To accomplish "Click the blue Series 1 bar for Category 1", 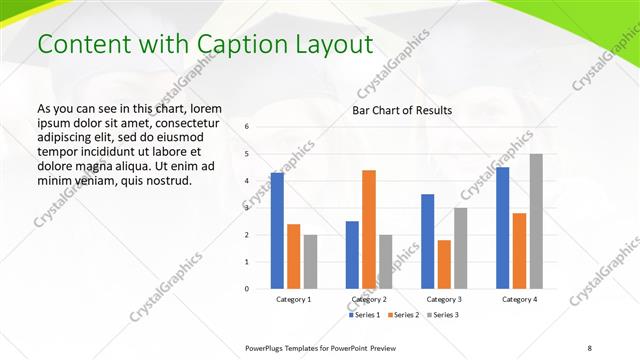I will (277, 230).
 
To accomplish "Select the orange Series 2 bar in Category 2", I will (369, 229).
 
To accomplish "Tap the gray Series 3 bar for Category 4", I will (536, 221).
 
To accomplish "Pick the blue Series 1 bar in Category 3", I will (428, 241).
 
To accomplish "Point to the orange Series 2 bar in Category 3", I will (444, 264).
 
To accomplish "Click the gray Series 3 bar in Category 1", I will (310, 261).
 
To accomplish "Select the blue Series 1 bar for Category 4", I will (503, 227).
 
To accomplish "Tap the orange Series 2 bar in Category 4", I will (519, 250).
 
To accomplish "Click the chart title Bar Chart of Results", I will (402, 110).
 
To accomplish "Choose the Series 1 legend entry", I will (365, 315).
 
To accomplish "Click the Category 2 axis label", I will (369, 299).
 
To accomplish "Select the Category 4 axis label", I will (519, 299).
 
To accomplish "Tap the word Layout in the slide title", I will (329, 45).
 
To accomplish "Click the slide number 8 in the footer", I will (590, 347).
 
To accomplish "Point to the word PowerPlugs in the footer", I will (265, 347).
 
